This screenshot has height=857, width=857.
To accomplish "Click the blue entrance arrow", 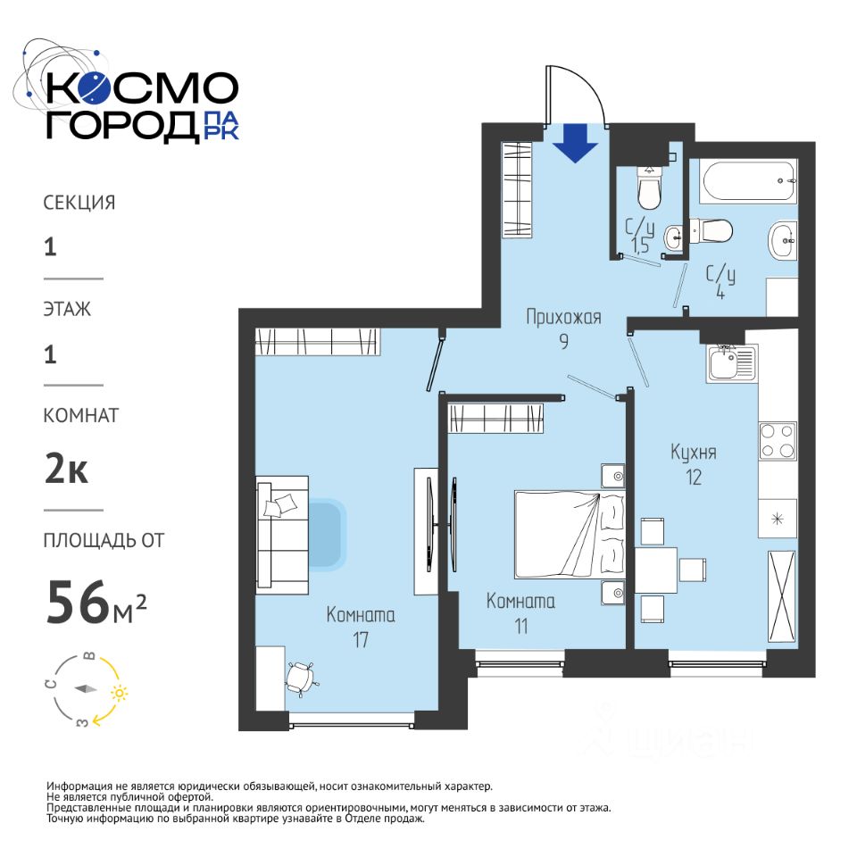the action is coord(576,143).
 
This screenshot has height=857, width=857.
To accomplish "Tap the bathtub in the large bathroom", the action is coord(748,181).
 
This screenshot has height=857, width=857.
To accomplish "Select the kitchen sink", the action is coord(731,363).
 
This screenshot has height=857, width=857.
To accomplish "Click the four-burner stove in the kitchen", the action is coord(778,440).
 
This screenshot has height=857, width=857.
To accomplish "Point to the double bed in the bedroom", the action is coord(570,535).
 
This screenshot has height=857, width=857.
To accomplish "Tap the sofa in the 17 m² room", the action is coord(283,535).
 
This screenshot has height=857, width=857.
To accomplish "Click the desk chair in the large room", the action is coord(301,678).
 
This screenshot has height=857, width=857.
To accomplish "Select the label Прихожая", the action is coord(563,317).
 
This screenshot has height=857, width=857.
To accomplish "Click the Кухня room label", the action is coord(693,453).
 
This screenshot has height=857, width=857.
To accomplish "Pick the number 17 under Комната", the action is coord(361,640).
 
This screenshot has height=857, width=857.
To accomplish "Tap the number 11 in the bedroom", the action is coord(520,627).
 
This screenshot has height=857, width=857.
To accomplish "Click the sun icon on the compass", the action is coord(119,693).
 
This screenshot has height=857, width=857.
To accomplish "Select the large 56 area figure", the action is coord(79,603).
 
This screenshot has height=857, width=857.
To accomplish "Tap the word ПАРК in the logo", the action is coord(220,126).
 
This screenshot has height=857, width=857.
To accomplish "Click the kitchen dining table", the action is coord(656,570).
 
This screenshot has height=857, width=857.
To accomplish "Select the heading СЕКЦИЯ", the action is coord(79,203).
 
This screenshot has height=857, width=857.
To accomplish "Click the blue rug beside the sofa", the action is coord(327,534).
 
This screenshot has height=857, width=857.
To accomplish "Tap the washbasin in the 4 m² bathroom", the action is coord(783,241).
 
